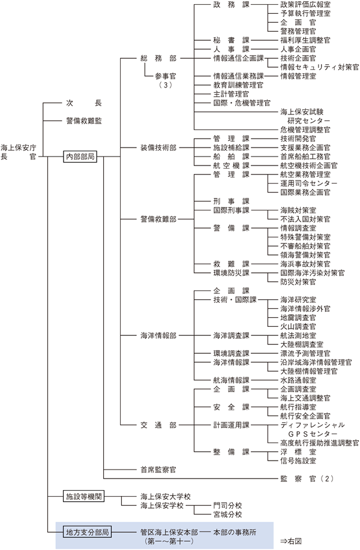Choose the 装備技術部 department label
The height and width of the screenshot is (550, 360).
158,147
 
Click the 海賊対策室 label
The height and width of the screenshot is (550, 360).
297,211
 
